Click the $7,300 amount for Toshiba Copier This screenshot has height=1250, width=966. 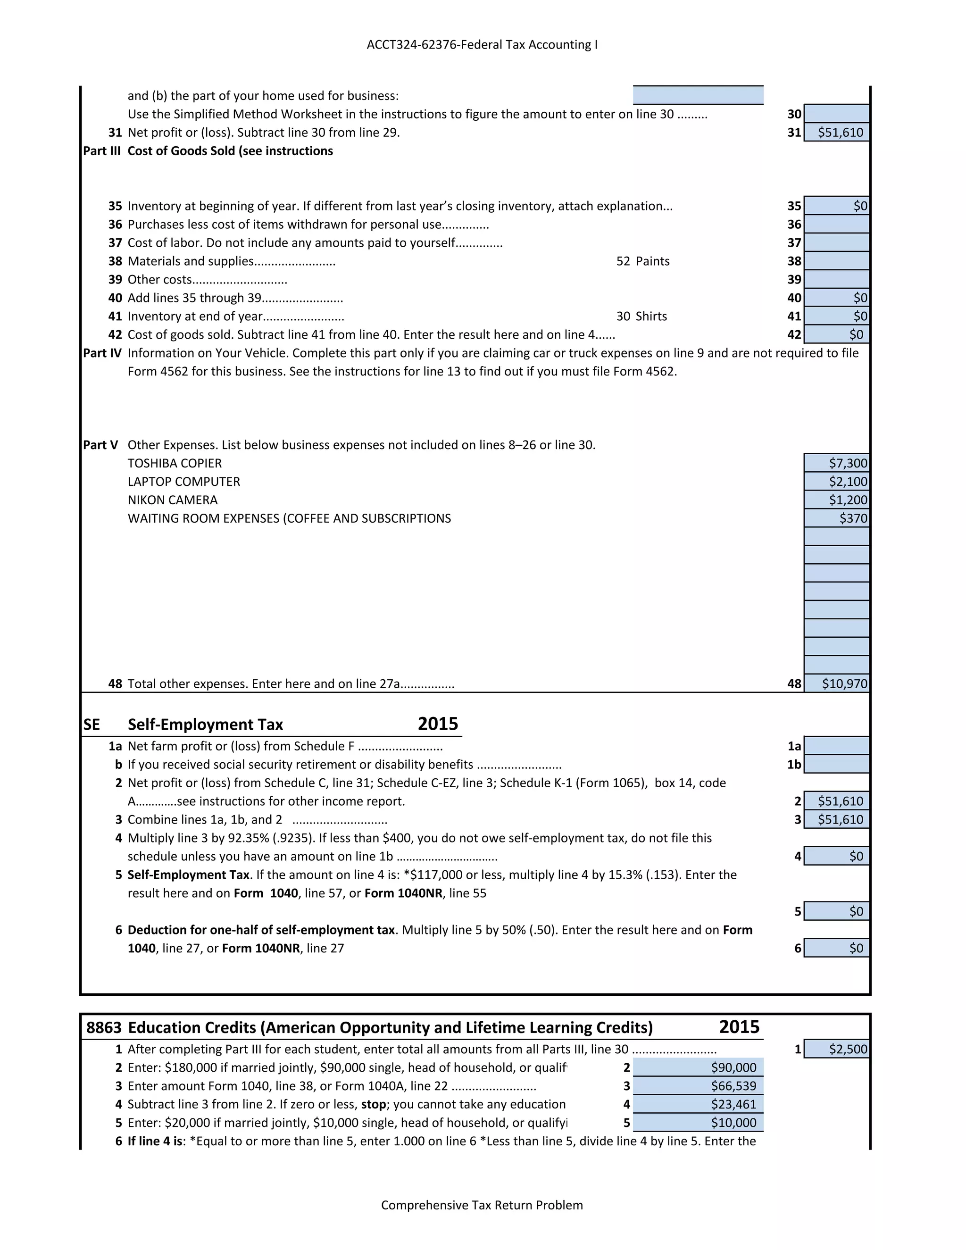pyautogui.click(x=837, y=463)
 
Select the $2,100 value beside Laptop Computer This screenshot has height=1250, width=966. pyautogui.click(x=837, y=481)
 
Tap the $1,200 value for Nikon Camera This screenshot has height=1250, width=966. pyautogui.click(x=837, y=500)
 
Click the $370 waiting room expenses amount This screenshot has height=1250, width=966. pyautogui.click(x=837, y=518)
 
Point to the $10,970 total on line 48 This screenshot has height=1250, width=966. pyautogui.click(x=837, y=683)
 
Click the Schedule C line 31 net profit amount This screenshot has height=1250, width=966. pyautogui.click(x=837, y=132)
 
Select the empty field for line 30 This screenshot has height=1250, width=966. pyautogui.click(x=837, y=114)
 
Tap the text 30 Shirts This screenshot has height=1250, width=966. pyautogui.click(x=641, y=316)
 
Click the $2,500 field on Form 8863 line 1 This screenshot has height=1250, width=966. pyautogui.click(x=837, y=1049)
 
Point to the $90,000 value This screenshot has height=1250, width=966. pyautogui.click(x=698, y=1067)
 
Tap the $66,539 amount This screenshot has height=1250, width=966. pyautogui.click(x=698, y=1086)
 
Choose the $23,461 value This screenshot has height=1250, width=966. pyautogui.click(x=698, y=1104)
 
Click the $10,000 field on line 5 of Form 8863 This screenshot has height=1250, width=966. pyautogui.click(x=698, y=1122)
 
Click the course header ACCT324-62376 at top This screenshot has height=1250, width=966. pyautogui.click(x=482, y=45)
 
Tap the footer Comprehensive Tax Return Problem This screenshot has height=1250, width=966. pyautogui.click(x=482, y=1205)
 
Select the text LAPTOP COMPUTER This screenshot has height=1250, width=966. pyautogui.click(x=183, y=481)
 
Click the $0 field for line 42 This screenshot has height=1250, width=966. pyautogui.click(x=837, y=334)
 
